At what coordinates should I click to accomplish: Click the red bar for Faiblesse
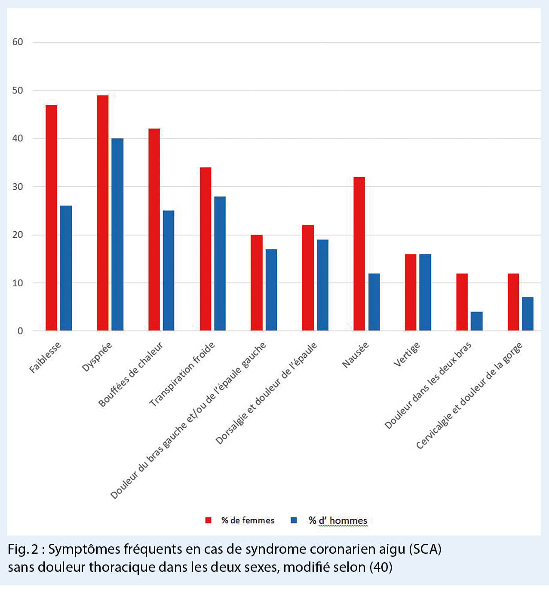pos(51,218)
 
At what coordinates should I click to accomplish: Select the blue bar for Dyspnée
pos(117,234)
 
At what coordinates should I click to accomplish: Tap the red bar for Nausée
pos(359,254)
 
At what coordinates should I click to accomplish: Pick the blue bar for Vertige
pos(425,292)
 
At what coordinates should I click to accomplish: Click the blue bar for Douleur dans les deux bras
pos(476,321)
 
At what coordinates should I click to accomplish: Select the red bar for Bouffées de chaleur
pos(154,230)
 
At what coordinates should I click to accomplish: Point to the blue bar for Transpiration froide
pos(220,264)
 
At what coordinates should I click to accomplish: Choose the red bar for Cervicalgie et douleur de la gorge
pos(513,302)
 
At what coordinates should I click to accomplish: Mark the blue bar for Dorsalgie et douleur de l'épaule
pos(322,285)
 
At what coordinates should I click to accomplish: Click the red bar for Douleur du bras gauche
pos(257,282)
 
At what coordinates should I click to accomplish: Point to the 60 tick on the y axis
pos(18,42)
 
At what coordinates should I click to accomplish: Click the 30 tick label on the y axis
pos(18,187)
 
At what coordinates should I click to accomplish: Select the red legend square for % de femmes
pos(209,520)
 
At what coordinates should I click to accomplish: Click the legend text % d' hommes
pos(338,521)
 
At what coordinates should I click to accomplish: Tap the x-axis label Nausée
pos(356,355)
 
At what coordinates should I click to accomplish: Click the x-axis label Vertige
pos(407,355)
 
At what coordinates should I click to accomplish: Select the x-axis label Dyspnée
pos(97,356)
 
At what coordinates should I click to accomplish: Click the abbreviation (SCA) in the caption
pos(425,549)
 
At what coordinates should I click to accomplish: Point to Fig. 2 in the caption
pos(23,549)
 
